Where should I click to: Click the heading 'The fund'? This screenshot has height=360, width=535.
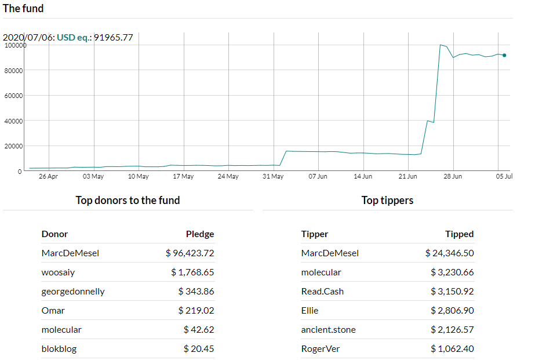click(x=23, y=8)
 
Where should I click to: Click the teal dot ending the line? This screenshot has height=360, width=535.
click(x=504, y=55)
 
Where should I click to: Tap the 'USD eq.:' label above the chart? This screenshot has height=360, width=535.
click(x=74, y=37)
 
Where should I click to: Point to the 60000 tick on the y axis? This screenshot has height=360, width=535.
click(x=14, y=96)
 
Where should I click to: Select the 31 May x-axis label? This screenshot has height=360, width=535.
click(x=273, y=176)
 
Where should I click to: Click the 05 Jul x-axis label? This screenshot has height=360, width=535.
click(x=504, y=176)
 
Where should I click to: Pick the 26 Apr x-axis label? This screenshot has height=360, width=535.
click(x=48, y=176)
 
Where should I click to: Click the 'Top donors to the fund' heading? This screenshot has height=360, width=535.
click(x=128, y=201)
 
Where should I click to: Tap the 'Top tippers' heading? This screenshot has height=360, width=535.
click(x=387, y=201)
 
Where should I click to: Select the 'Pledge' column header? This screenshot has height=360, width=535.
click(x=200, y=234)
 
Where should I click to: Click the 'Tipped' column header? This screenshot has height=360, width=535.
click(x=459, y=234)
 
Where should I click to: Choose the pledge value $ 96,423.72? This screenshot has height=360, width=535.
click(x=190, y=253)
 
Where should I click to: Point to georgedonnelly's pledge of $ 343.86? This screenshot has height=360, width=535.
click(x=196, y=292)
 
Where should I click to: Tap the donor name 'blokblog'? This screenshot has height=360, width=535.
click(x=59, y=349)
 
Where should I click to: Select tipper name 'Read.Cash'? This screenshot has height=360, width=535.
click(x=322, y=292)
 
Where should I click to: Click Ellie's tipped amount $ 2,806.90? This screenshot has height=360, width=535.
click(x=452, y=311)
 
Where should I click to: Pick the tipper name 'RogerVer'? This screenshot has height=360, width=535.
click(x=321, y=349)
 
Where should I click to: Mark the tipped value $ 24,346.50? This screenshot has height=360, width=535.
click(x=449, y=253)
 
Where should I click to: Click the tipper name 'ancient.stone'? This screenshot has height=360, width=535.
click(x=328, y=330)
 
